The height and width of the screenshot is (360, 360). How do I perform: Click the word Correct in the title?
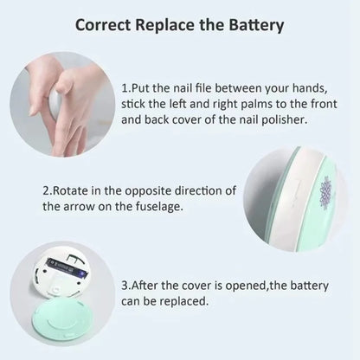pyautogui.click(x=106, y=23)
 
